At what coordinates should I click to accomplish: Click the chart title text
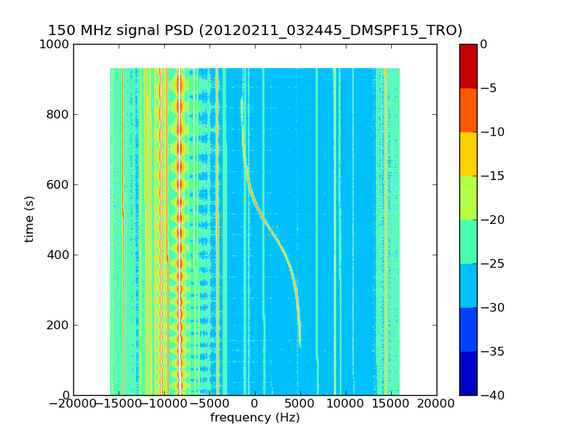(x=255, y=31)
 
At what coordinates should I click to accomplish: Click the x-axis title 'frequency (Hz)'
(x=255, y=418)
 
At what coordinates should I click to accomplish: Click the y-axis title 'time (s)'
(x=30, y=219)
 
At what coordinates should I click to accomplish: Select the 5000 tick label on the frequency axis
(x=300, y=405)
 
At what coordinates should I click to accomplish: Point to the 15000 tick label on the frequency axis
(x=391, y=405)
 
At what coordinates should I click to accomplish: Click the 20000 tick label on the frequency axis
(x=437, y=405)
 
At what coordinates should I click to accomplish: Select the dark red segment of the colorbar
(x=468, y=66)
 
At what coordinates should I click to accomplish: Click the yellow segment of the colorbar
(x=468, y=154)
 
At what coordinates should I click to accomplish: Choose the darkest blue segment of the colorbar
(x=468, y=373)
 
